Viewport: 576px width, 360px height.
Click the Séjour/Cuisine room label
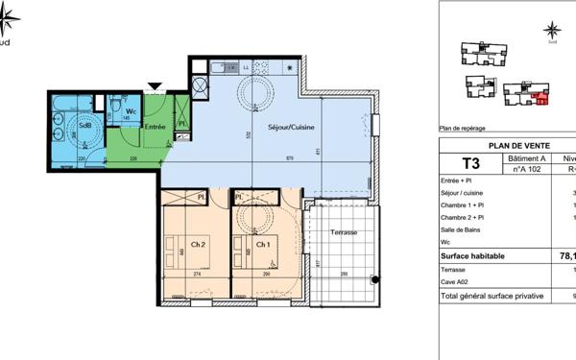[293, 127]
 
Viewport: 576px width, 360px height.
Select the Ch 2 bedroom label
[198, 245]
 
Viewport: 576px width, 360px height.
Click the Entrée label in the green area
[156, 126]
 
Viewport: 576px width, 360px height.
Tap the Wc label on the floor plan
[131, 111]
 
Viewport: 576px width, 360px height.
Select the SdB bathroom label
[84, 126]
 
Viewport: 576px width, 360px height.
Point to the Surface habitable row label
[477, 256]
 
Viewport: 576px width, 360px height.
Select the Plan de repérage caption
[463, 128]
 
